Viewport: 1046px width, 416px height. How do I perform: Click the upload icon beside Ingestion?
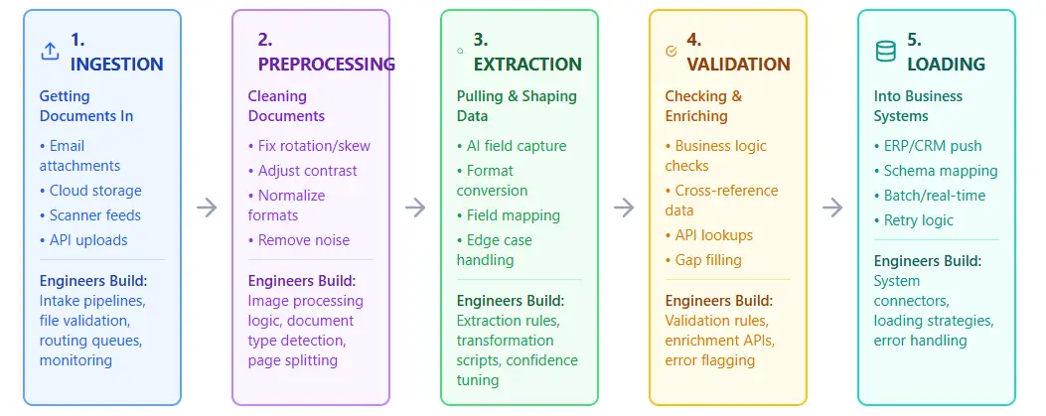point(50,52)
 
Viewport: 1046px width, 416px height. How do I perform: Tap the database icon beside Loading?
point(884,52)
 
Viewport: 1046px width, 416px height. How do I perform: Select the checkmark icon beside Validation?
point(671,50)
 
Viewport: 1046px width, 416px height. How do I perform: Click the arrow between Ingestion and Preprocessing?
point(207,208)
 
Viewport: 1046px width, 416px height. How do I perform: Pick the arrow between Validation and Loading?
point(832,208)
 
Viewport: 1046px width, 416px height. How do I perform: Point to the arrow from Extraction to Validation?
point(624,208)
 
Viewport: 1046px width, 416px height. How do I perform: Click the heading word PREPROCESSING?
point(326,65)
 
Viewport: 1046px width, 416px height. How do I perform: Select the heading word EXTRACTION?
point(527,65)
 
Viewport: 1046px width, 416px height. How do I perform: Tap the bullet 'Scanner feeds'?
point(90,215)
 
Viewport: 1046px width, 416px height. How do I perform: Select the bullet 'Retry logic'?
point(914,220)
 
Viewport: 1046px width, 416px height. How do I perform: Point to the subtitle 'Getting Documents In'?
point(85,106)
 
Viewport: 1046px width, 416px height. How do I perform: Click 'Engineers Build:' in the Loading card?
point(928,261)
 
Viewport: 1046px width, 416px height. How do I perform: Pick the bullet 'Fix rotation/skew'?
point(309,146)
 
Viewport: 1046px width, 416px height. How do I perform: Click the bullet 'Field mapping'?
point(509,215)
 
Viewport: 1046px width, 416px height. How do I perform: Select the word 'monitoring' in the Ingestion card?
point(75,360)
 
